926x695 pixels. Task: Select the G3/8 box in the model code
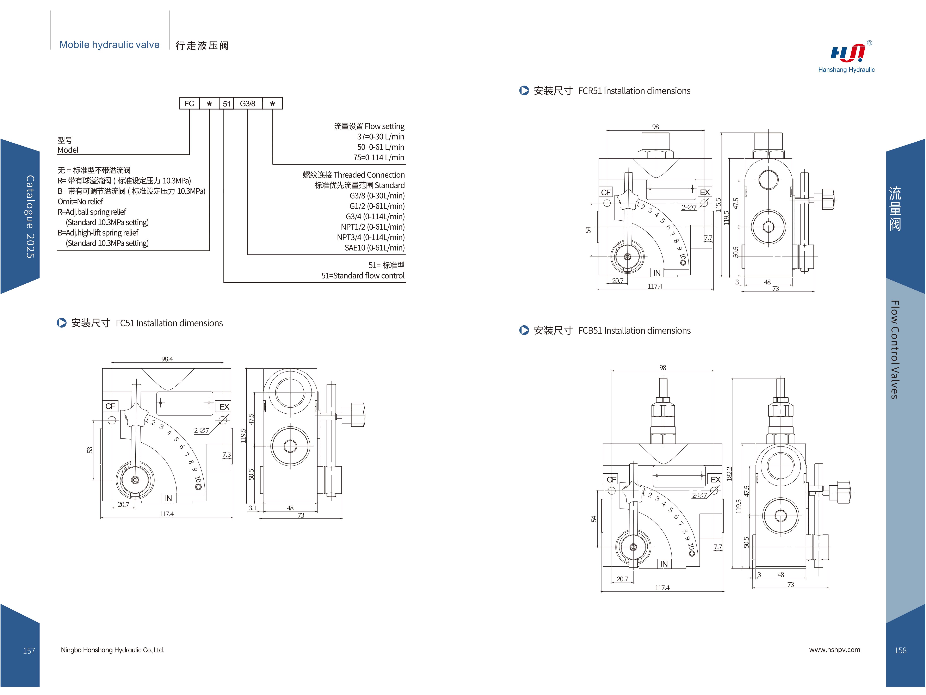(x=247, y=103)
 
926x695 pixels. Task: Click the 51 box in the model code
(x=227, y=103)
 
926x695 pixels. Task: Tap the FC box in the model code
(x=189, y=103)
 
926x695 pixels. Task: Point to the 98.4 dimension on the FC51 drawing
(x=167, y=359)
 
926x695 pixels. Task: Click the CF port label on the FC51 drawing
(x=110, y=406)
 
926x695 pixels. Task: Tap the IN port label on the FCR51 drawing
(x=657, y=273)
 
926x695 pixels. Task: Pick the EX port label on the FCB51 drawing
(x=715, y=479)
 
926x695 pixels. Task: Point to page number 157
(x=29, y=651)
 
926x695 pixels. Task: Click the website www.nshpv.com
(x=834, y=650)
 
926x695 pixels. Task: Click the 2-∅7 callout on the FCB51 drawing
(x=699, y=495)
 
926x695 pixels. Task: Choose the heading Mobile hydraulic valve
(x=109, y=45)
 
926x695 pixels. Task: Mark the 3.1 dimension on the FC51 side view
(x=252, y=508)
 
